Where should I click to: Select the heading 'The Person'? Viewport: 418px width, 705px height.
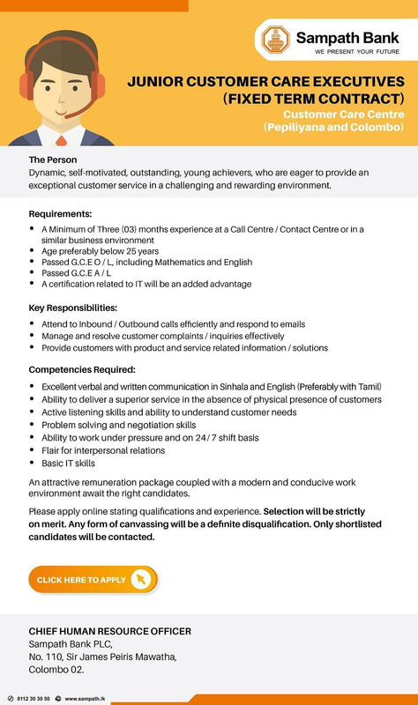click(x=59, y=159)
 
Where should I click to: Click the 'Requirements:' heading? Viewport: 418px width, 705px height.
click(x=61, y=214)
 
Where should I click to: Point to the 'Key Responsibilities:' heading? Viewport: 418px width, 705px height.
click(x=73, y=308)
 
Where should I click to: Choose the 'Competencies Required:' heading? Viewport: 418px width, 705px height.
click(x=81, y=370)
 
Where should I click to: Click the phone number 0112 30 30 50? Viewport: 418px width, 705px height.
click(x=34, y=698)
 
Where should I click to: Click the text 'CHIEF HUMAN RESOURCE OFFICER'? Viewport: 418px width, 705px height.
click(x=110, y=631)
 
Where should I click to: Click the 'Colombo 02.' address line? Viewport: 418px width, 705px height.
click(x=56, y=669)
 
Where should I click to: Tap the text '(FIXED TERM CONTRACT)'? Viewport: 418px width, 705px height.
click(x=315, y=98)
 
